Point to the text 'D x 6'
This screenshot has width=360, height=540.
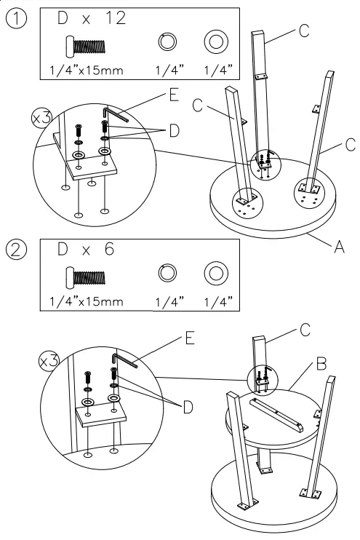coord(84,250)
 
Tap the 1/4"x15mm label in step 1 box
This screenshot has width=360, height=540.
coord(81,71)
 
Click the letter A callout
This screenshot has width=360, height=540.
coord(338,247)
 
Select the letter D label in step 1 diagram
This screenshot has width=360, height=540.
coord(175,131)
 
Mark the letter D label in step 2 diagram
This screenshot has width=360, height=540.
coord(188,407)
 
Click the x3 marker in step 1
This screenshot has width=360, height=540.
coord(41,117)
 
